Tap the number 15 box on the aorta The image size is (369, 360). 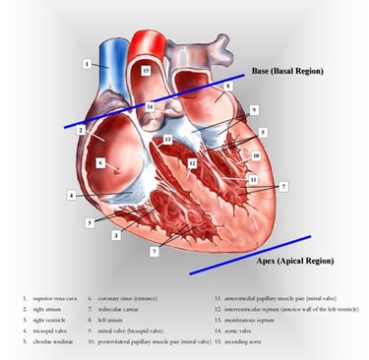pos(146,72)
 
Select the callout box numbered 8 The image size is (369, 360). pos(228,87)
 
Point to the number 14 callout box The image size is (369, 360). pos(150,105)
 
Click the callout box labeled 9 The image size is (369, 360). pos(253,109)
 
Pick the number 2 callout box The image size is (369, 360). pos(82,130)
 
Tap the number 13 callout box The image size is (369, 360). pos(168,140)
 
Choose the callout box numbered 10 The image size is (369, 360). pos(256,155)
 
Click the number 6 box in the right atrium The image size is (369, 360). pos(100,162)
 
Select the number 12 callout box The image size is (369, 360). pos(193,163)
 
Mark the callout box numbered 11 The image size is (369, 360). pos(253,180)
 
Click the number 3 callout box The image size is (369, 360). pos(115,235)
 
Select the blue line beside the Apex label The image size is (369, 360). pos(250,254)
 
